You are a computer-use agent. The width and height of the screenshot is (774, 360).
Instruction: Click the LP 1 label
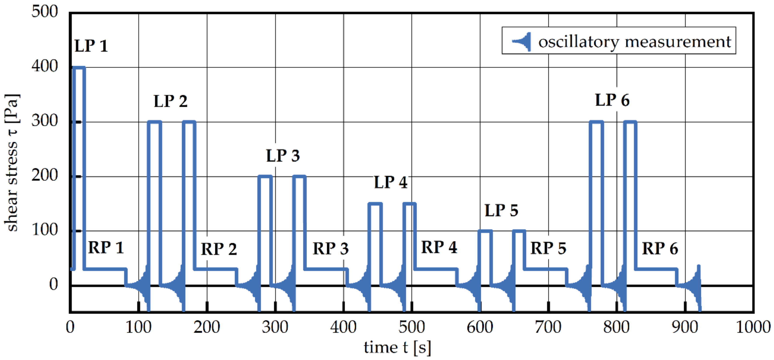[91, 46]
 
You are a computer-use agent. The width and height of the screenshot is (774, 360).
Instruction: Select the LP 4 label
[390, 182]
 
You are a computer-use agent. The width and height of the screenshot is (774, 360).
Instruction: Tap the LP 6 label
[612, 100]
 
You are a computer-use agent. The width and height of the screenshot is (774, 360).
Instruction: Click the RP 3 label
[330, 249]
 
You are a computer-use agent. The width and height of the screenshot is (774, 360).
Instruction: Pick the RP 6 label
[660, 249]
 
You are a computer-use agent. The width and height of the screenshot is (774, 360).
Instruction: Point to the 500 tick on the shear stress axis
[44, 12]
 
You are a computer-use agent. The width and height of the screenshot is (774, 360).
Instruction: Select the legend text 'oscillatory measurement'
[634, 41]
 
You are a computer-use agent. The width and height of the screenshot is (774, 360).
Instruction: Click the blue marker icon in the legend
[522, 41]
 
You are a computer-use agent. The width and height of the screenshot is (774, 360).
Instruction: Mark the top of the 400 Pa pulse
[79, 67]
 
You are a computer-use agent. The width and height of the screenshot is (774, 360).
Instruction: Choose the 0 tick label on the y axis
[53, 284]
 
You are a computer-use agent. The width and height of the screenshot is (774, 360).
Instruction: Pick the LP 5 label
[501, 211]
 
